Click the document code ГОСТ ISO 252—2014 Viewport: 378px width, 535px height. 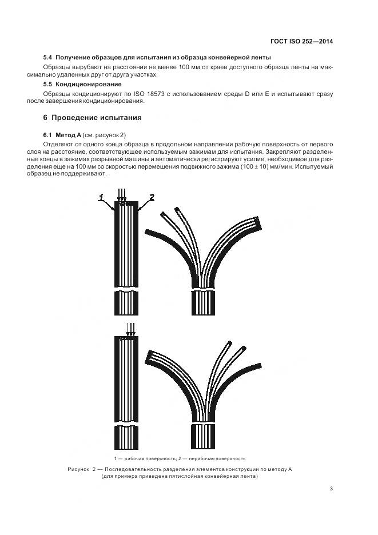pyautogui.click(x=301, y=41)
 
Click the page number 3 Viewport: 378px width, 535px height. pyautogui.click(x=331, y=488)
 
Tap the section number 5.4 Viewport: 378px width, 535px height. pyautogui.click(x=48, y=58)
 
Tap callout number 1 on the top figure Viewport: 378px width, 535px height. pyautogui.click(x=101, y=197)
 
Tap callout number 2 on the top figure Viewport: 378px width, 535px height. pyautogui.click(x=151, y=197)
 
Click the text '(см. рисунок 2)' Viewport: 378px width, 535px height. pyautogui.click(x=105, y=134)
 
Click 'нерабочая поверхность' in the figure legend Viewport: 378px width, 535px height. pyautogui.click(x=221, y=458)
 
